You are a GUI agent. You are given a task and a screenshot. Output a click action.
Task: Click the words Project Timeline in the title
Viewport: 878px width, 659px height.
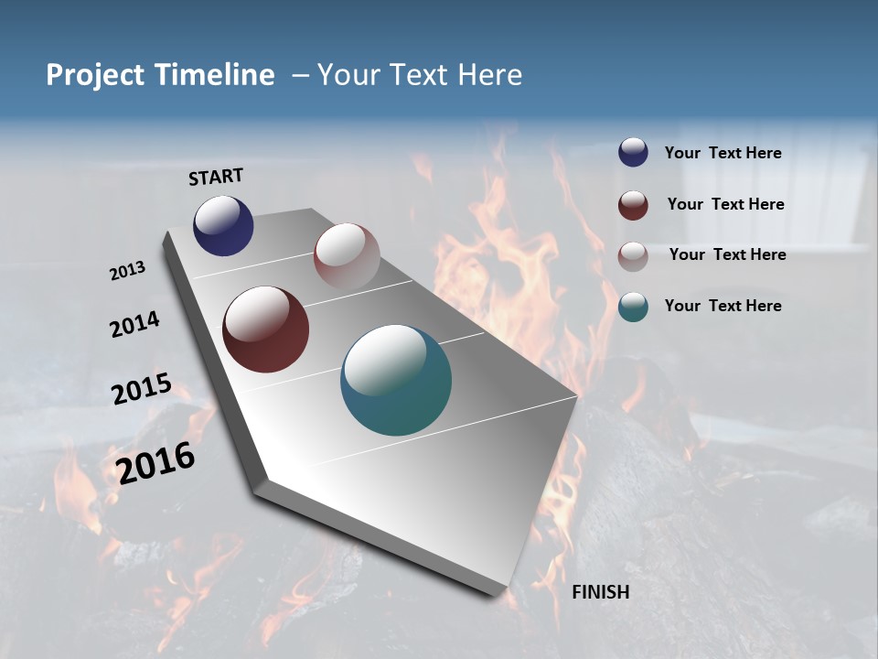coord(160,75)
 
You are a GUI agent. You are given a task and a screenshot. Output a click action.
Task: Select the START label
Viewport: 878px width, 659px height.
coord(216,177)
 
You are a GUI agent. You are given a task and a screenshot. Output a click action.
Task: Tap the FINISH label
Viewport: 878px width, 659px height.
coord(601,592)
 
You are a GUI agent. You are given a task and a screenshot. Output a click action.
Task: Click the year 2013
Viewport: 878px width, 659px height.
coord(127,271)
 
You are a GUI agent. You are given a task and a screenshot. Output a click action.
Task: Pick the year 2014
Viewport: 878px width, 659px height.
coord(134,324)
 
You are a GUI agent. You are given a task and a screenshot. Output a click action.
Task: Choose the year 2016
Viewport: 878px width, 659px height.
coord(155,462)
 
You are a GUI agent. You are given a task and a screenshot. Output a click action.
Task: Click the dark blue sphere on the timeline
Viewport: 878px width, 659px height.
coord(223,226)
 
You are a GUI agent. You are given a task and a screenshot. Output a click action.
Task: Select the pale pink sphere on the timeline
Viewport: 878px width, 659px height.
coord(347,256)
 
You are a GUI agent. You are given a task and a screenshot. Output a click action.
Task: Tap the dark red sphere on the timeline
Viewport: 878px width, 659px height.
coord(265,329)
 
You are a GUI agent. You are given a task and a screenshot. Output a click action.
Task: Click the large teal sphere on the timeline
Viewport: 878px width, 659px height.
coord(396,380)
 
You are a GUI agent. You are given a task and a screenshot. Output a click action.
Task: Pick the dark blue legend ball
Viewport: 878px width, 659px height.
coord(633,153)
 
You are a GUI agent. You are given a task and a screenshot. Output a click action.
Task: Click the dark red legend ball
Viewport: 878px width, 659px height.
coord(633,205)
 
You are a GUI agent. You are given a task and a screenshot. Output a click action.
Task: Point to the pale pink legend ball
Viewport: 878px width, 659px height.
coord(633,256)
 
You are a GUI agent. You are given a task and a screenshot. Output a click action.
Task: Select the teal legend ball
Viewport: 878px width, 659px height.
coord(633,307)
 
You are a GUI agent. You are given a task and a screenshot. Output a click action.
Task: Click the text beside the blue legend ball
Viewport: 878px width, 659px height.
coord(723,154)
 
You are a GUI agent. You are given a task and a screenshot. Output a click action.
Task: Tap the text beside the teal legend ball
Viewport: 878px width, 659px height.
coord(723,306)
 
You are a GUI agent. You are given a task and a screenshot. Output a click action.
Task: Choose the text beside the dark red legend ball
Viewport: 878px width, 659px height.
coord(725,204)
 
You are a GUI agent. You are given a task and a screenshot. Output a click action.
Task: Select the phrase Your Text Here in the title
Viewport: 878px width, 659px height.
coord(420,75)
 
